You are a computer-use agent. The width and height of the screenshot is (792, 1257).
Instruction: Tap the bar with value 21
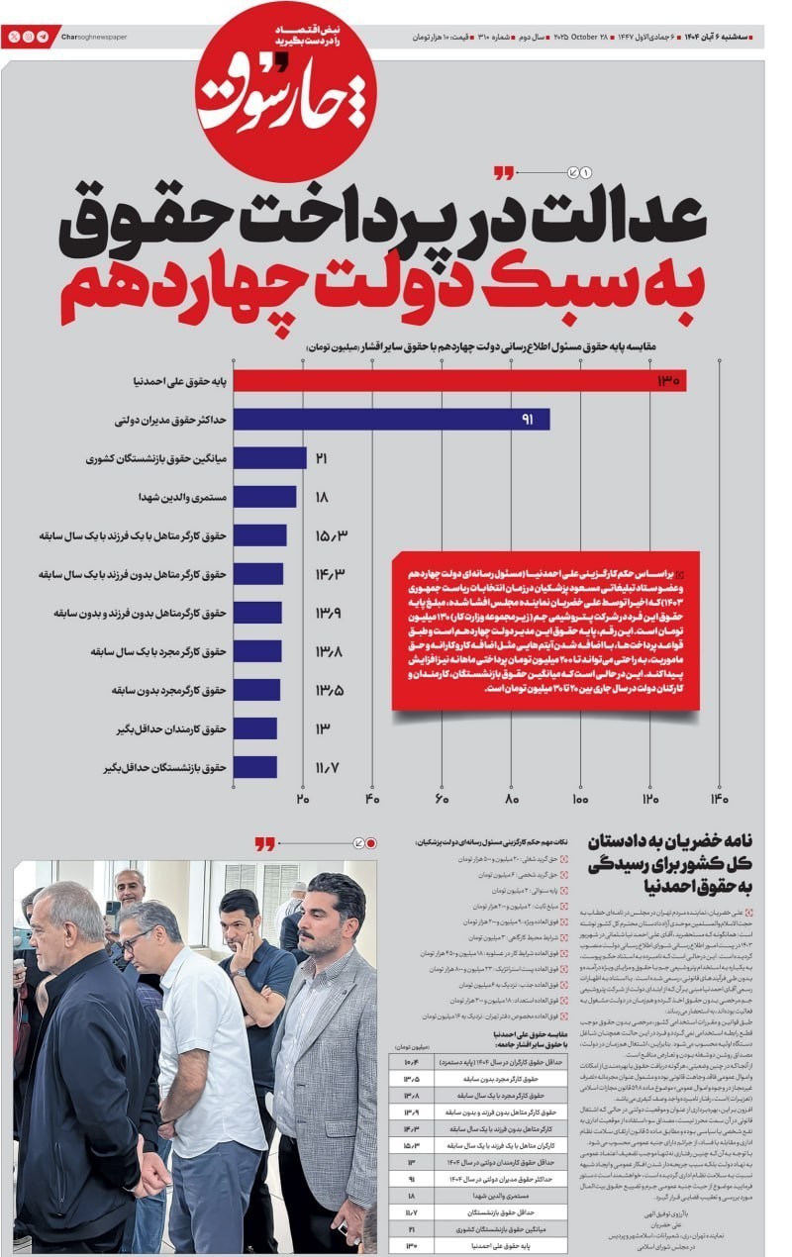pyautogui.click(x=270, y=458)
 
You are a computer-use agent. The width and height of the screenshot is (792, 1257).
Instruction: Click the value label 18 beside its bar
pyautogui.click(x=321, y=497)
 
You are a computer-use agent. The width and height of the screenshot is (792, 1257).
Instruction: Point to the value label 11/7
pyautogui.click(x=328, y=767)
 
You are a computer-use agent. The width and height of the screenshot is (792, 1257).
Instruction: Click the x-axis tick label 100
pyautogui.click(x=580, y=800)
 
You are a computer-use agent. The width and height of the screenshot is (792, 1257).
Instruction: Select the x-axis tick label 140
pyautogui.click(x=719, y=800)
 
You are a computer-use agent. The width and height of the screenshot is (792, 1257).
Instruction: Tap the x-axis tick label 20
pyautogui.click(x=303, y=800)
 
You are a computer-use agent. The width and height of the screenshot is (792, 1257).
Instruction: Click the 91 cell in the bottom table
pyautogui.click(x=410, y=1179)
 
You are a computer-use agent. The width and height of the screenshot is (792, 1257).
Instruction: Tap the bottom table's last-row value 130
pyautogui.click(x=410, y=1245)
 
